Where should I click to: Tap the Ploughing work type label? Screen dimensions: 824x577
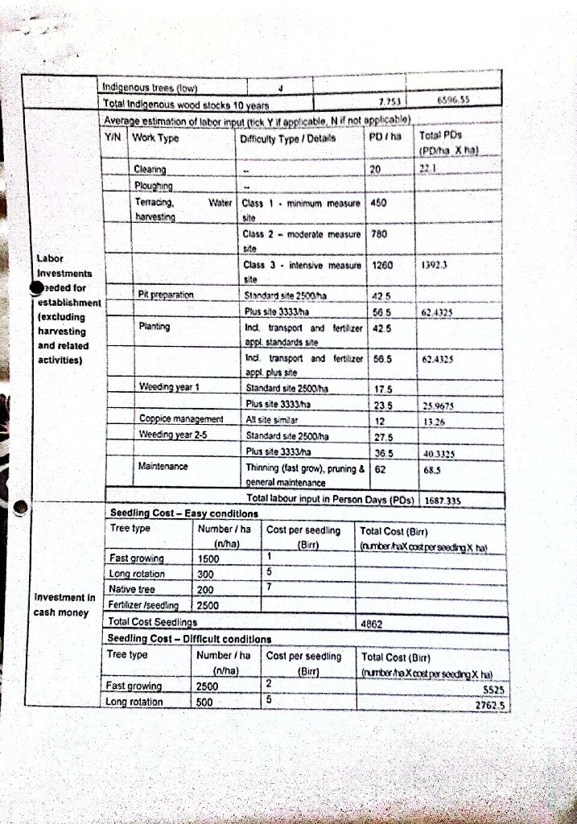pyautogui.click(x=154, y=187)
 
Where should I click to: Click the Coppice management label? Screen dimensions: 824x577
pyautogui.click(x=180, y=419)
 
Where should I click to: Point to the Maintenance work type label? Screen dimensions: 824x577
pyautogui.click(x=163, y=466)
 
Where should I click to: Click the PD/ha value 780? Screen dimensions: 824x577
pyautogui.click(x=377, y=233)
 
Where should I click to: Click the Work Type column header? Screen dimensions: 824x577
pyautogui.click(x=155, y=138)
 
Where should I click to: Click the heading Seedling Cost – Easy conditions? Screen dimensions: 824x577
pyautogui.click(x=183, y=513)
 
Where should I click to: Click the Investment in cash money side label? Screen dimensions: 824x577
pyautogui.click(x=64, y=604)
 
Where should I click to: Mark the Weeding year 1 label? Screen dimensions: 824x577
pyautogui.click(x=168, y=387)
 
